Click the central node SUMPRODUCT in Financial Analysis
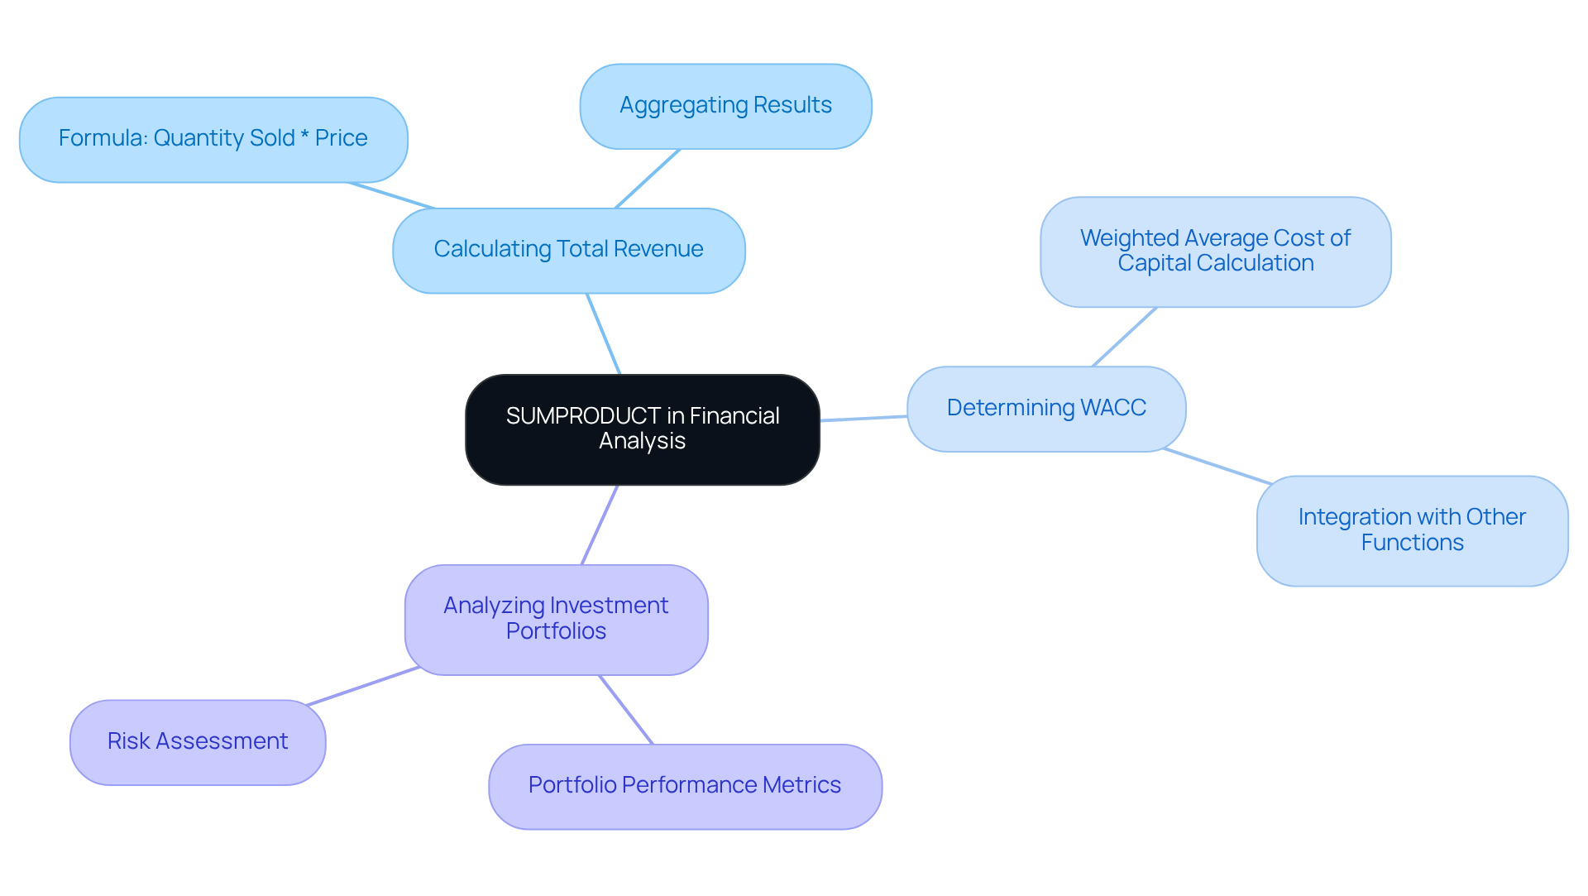coord(642,429)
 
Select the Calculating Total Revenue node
coord(568,250)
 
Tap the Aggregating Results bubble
coord(725,106)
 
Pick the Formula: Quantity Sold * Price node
coord(213,139)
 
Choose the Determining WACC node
coord(1045,409)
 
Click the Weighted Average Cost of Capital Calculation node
coord(1215,252)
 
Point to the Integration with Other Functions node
coord(1412,530)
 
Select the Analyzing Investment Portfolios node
coord(556,619)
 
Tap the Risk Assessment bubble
coord(198,742)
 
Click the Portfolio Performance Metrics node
coord(685,786)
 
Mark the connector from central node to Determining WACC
coord(863,419)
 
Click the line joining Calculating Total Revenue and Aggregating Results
coord(648,179)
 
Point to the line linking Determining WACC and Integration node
coord(1217,467)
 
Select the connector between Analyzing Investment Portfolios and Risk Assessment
coord(362,686)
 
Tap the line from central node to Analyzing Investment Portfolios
coord(600,525)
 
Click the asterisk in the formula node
coord(304,137)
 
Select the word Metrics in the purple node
coord(801,785)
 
